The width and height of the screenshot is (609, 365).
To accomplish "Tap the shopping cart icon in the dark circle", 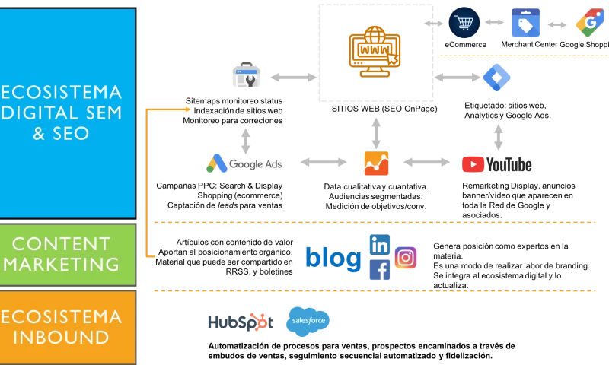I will point(464,23).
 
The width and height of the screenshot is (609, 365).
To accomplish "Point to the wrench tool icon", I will point(247,76).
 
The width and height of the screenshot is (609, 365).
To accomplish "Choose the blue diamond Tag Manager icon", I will point(497,77).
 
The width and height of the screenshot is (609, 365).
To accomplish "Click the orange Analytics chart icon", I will point(375,162).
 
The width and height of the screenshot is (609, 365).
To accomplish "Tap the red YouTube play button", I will point(473,164).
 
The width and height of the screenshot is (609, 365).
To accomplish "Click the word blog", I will point(333,257).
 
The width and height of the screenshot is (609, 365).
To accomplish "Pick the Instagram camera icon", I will point(407,259).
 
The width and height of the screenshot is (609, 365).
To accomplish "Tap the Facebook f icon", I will point(379,271).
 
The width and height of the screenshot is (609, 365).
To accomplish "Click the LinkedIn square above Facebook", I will point(379,244).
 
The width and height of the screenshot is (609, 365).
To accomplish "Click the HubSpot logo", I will point(238,322).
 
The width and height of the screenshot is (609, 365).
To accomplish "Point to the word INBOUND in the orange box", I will point(60,338).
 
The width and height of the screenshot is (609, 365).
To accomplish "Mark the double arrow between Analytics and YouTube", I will point(426,162).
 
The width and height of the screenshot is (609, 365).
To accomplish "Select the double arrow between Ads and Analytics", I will point(321,162).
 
